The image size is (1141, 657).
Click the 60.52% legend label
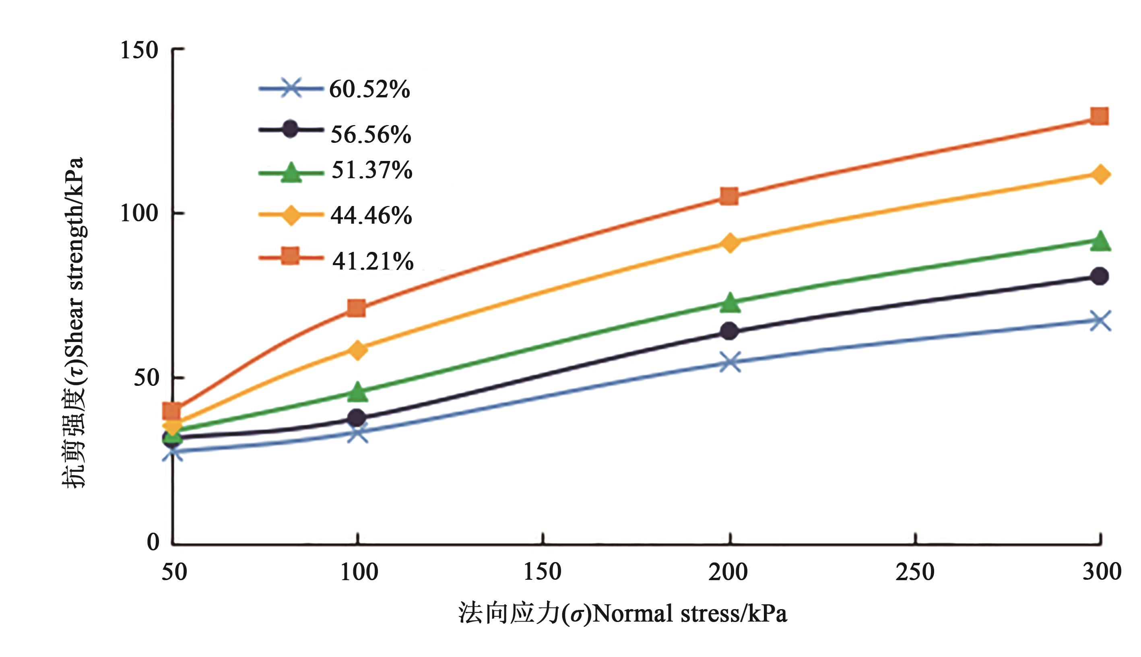(x=369, y=89)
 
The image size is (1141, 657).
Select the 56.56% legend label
(x=371, y=134)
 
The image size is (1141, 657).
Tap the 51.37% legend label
(x=371, y=170)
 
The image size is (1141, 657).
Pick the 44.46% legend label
(x=371, y=215)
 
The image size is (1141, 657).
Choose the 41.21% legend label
(x=373, y=261)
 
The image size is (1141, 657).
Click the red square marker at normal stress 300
(x=1099, y=116)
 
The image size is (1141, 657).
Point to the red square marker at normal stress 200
(x=729, y=196)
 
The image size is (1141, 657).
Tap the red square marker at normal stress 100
(x=357, y=308)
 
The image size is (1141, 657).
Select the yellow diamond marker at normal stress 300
(x=1100, y=175)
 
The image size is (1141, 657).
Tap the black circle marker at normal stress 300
(x=1100, y=276)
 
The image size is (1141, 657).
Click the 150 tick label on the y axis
(x=139, y=49)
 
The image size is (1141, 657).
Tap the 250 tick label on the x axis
(x=915, y=572)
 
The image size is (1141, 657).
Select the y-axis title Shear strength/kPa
(x=73, y=323)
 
